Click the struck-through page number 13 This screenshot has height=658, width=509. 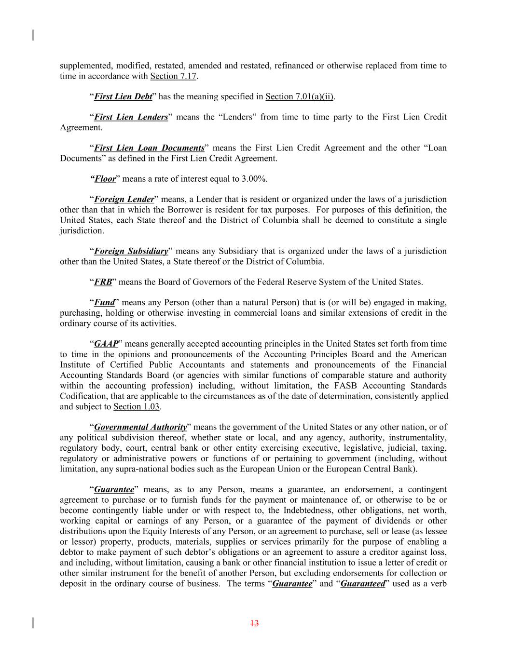click(255, 623)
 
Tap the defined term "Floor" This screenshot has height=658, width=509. click(105, 179)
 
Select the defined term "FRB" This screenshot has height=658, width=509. click(103, 282)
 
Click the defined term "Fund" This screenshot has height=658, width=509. click(104, 303)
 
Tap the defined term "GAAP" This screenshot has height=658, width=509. click(106, 344)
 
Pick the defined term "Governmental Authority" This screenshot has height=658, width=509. click(140, 427)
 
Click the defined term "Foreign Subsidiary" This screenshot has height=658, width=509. click(131, 251)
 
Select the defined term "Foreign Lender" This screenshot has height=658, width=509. click(124, 200)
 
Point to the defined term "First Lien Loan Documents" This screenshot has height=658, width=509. click(149, 148)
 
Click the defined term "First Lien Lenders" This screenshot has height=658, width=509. click(131, 117)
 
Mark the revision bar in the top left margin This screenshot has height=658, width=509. click(33, 35)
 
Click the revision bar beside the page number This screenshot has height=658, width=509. click(33, 623)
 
